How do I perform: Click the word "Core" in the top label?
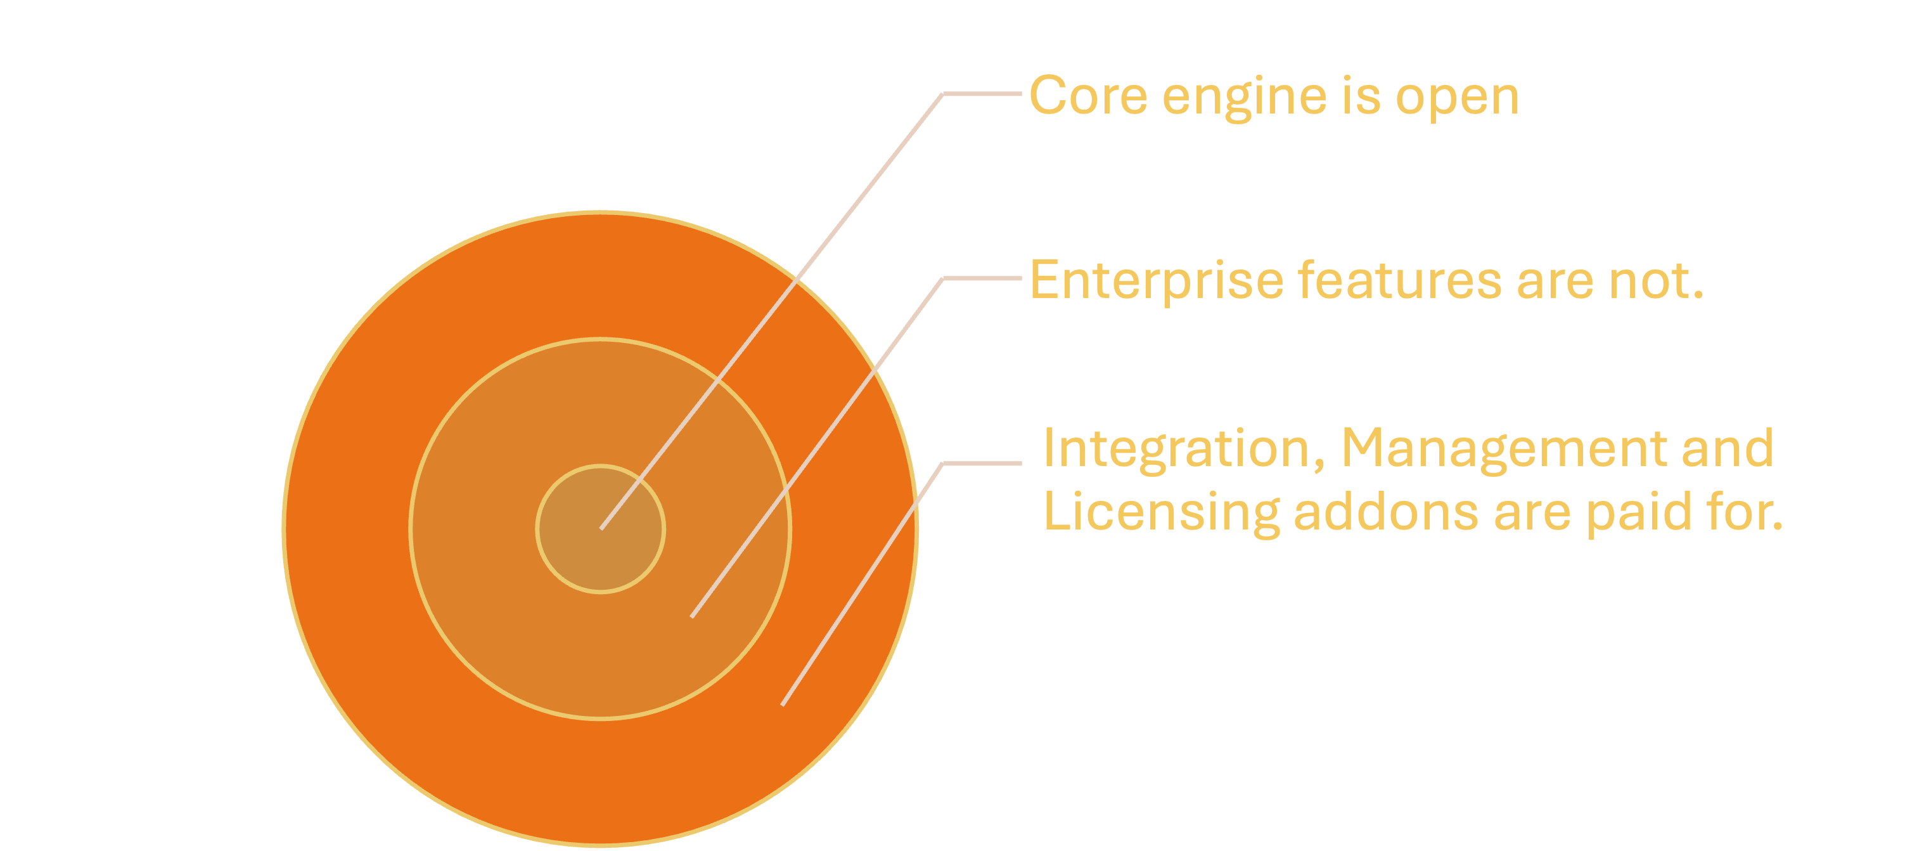click(x=1088, y=96)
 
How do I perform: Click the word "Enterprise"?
click(x=1156, y=281)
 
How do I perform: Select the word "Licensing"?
click(x=1160, y=512)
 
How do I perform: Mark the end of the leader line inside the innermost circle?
click(x=601, y=528)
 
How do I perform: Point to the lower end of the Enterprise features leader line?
click(x=691, y=616)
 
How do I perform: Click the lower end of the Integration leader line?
click(x=783, y=704)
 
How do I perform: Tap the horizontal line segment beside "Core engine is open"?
click(x=982, y=94)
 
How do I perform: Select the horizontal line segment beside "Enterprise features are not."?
click(x=982, y=278)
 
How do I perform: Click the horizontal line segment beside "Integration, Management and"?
click(x=982, y=464)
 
